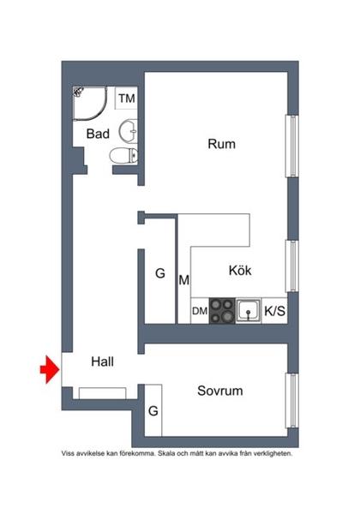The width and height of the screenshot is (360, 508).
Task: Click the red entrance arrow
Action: point(48,369)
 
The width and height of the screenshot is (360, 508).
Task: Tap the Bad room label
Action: point(96,134)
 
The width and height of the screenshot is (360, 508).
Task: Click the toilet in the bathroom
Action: point(125,155)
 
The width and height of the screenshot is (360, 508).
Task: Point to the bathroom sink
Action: point(128,131)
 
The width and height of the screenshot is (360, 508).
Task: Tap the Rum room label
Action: point(221,144)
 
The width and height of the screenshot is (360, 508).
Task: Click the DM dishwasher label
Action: point(199,311)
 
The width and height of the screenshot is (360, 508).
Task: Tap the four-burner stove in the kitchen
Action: point(222,309)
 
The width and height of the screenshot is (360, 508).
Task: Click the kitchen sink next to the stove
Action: point(249,309)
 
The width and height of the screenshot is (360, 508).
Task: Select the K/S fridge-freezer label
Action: point(275,311)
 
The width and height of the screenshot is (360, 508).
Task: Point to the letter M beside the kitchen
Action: point(183,279)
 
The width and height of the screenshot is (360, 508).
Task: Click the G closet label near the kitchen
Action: point(159,274)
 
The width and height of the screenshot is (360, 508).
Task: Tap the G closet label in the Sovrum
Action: point(153,411)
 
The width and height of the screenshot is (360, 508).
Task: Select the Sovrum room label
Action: point(219,391)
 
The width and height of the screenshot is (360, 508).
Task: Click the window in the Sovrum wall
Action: point(293,397)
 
